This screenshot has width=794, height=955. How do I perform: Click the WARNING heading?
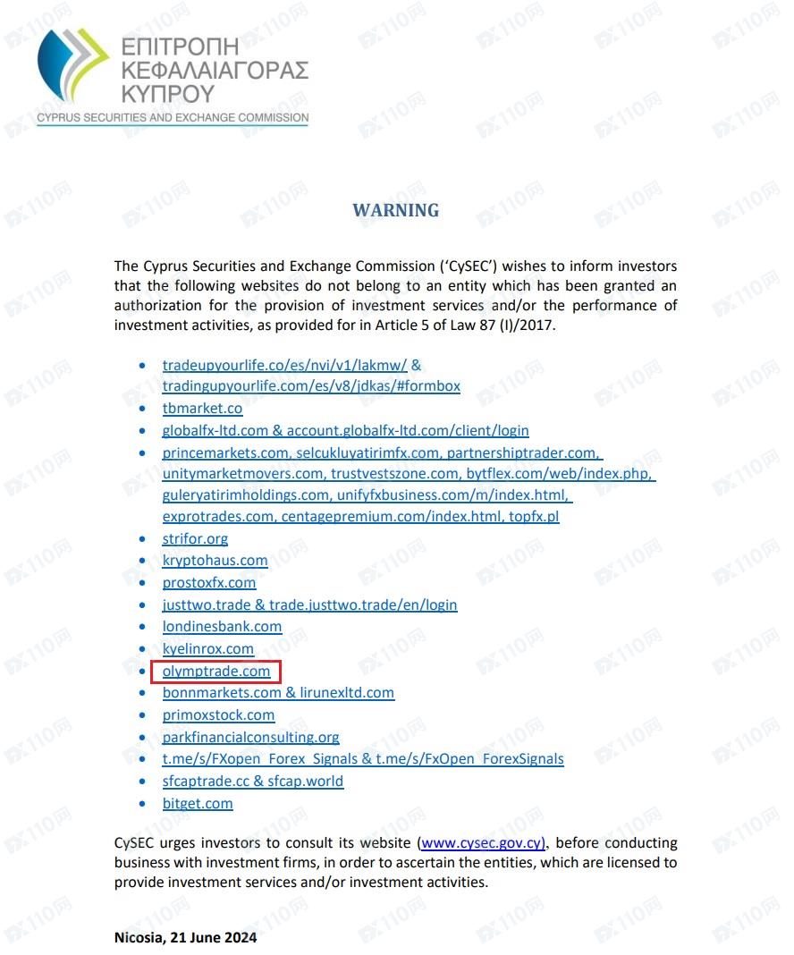(x=396, y=211)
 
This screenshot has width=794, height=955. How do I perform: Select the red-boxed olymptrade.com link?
(x=216, y=671)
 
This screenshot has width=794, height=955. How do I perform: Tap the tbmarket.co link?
(x=202, y=409)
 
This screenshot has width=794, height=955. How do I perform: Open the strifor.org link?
(x=195, y=539)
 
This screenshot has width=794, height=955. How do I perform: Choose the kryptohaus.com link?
(x=215, y=561)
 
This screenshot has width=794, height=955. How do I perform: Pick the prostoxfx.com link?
(x=209, y=583)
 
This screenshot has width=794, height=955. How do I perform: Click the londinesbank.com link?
(x=222, y=627)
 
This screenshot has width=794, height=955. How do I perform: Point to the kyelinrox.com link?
(x=208, y=649)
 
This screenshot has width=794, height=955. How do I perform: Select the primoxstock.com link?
(x=218, y=715)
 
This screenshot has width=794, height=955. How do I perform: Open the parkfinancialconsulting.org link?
(x=250, y=738)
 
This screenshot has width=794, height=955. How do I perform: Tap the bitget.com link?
(x=198, y=804)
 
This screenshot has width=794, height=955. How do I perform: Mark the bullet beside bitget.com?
(x=144, y=804)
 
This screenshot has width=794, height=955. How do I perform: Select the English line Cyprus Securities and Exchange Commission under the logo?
(x=173, y=118)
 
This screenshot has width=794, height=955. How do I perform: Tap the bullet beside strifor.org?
(x=144, y=539)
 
